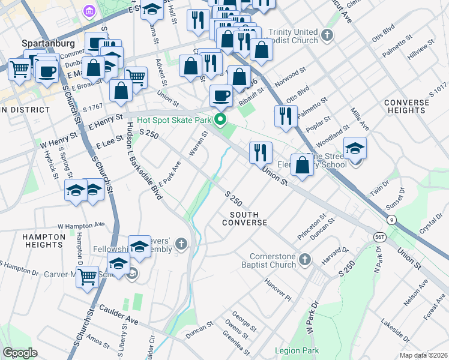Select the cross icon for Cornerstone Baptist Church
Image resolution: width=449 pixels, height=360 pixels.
pos(305,260)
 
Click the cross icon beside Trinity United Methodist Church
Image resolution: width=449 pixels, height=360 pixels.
pos(327,35)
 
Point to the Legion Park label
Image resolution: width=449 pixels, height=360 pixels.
pos(297,350)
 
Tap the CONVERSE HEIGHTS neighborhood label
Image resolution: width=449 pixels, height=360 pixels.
pos(407,106)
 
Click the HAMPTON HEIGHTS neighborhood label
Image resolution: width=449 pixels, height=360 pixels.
pos(43,241)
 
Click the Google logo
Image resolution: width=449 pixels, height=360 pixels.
pos(20,353)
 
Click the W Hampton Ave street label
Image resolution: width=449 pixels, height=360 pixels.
pos(80,226)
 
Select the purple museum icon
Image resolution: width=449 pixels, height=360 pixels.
pos(89,11)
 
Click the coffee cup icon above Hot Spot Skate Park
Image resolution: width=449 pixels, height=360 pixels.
pos(221,95)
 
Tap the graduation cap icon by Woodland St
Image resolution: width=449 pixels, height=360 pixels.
pos(355,148)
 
